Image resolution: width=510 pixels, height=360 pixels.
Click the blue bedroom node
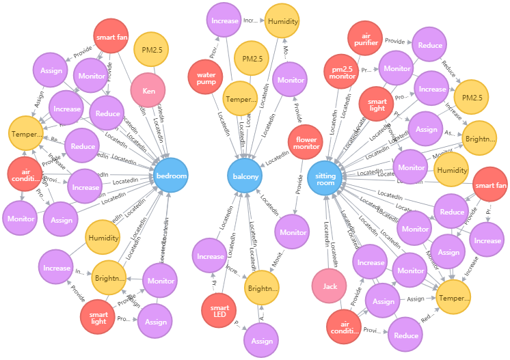coord(171,176)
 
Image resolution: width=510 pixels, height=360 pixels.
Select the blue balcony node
coord(245,176)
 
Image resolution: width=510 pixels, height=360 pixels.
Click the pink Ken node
coord(148,91)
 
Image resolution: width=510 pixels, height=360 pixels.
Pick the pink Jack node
coord(330,286)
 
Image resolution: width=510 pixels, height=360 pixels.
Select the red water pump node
coord(206,78)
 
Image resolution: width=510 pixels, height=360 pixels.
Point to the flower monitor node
coord(306,142)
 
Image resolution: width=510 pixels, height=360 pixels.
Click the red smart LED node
coord(219,311)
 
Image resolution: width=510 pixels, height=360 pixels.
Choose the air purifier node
coord(365,39)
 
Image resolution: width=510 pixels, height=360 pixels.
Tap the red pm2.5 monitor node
coord(342,72)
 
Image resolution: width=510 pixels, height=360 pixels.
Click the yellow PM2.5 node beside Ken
coord(151,49)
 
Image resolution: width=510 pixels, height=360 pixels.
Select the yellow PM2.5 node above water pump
coord(251,59)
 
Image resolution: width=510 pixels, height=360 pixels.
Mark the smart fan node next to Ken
coord(111,38)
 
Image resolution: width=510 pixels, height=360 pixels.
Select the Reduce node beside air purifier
coord(429,45)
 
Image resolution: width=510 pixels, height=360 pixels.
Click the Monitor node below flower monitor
coord(293,232)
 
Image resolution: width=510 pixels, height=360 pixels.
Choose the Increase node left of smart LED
coord(210,257)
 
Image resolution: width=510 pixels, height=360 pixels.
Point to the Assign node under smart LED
coord(262,341)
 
